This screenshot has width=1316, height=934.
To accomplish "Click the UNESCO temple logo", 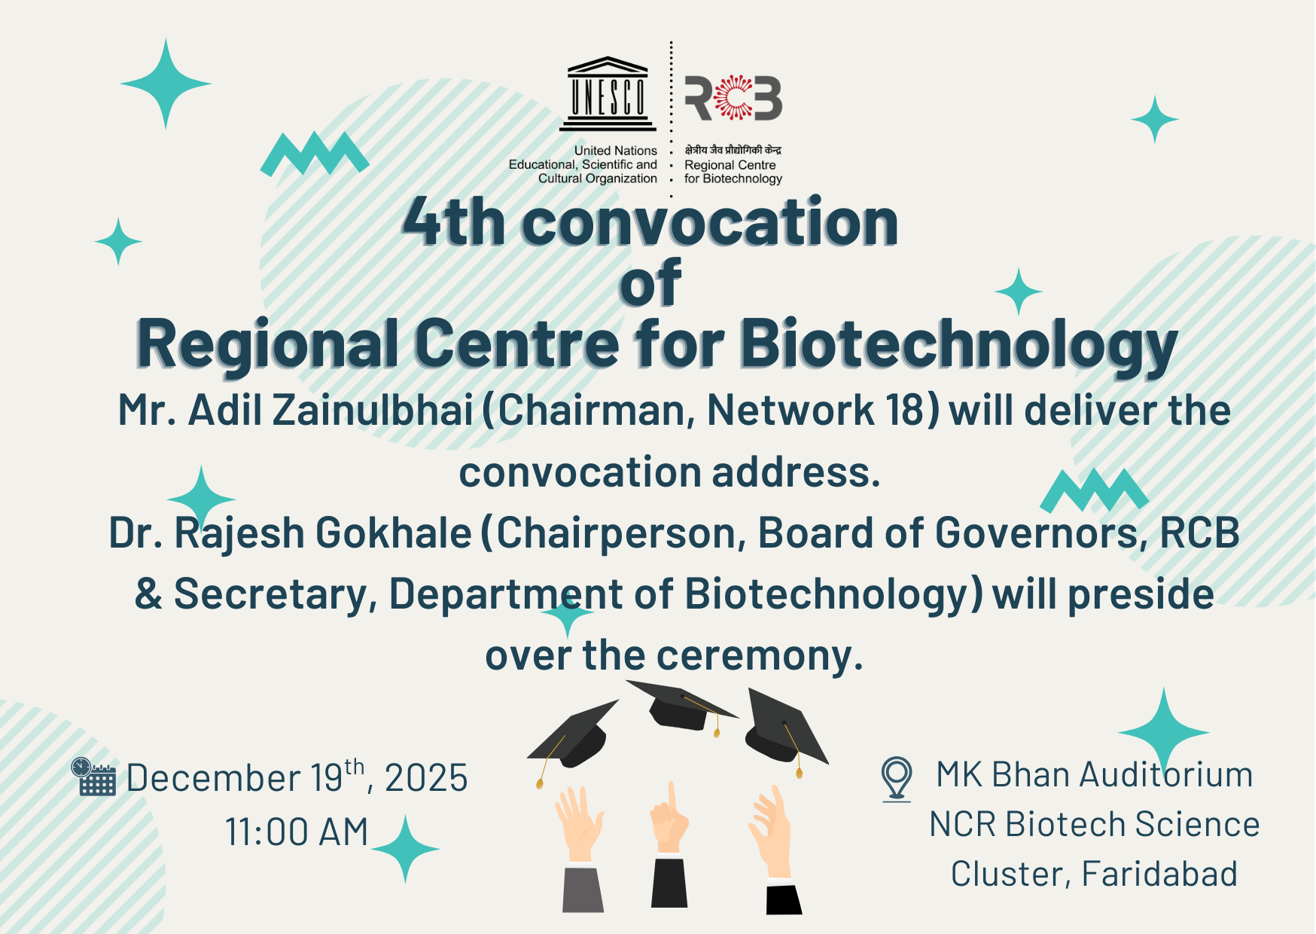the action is (608, 93).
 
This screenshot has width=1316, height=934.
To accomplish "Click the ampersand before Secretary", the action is (149, 594).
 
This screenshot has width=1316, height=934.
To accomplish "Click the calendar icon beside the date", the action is (93, 777).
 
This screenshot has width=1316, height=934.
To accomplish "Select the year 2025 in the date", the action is (426, 778).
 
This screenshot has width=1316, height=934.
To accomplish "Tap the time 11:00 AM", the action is (297, 832).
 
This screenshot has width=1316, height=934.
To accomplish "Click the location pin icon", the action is (897, 778).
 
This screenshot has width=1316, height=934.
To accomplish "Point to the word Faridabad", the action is (1159, 874).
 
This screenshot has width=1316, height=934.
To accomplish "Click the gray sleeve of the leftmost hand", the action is (583, 890).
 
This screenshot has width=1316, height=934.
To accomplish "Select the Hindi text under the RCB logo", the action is (733, 151).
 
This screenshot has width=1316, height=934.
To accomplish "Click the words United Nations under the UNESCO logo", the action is (616, 151).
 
